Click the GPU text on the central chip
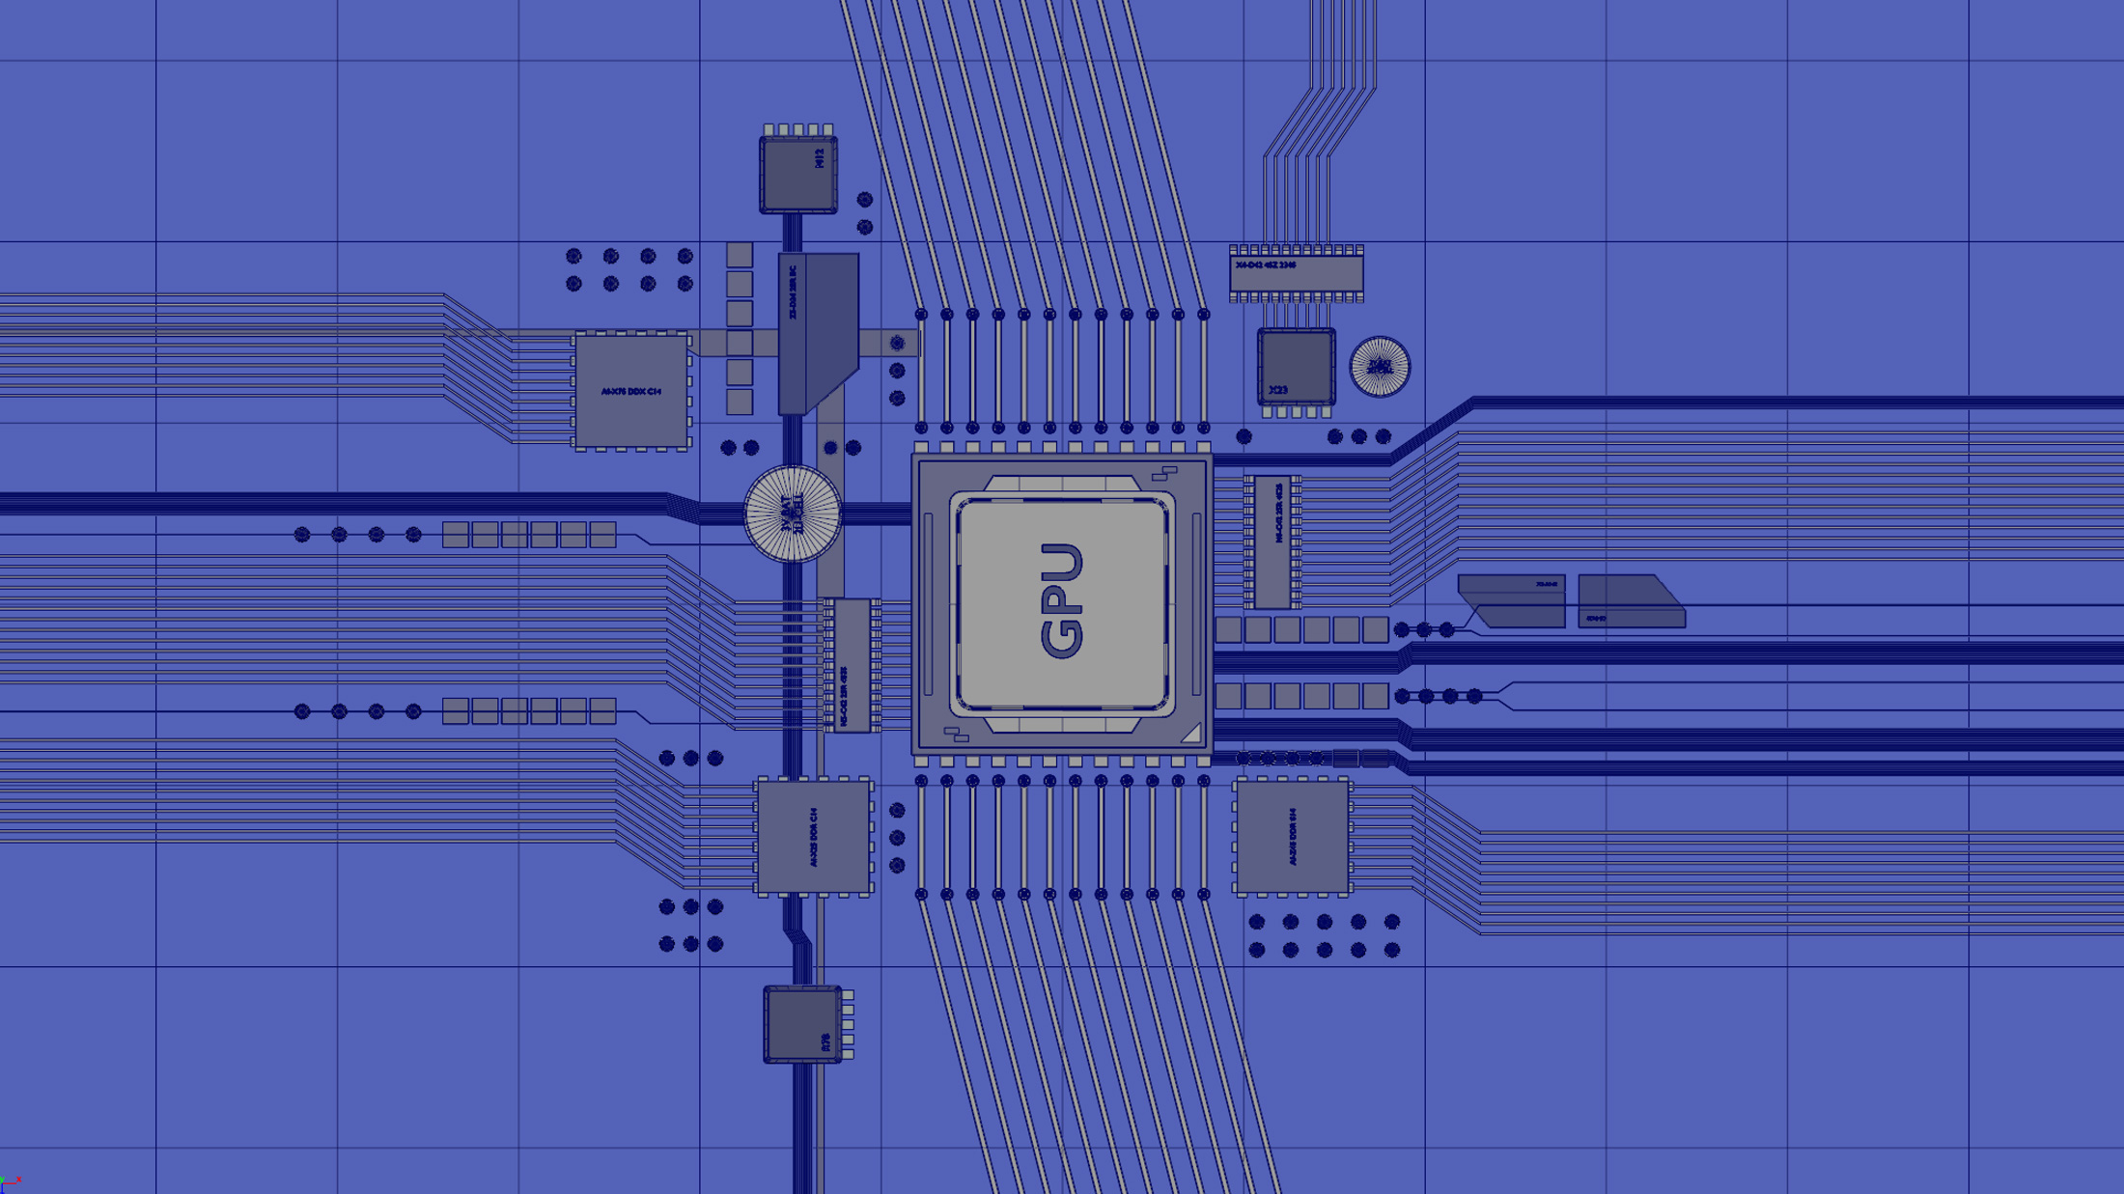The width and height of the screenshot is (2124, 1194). click(x=1062, y=600)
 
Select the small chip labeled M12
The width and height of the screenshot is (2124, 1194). click(x=798, y=174)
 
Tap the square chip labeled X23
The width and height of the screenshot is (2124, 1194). click(x=1296, y=367)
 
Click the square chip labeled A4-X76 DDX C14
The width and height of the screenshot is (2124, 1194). click(x=631, y=391)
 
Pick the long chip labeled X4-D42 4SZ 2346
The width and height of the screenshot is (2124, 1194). click(x=1296, y=273)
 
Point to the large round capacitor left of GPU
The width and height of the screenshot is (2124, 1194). click(x=793, y=514)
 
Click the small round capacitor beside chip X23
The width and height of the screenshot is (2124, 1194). click(x=1380, y=367)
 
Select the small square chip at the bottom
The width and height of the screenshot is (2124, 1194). click(x=802, y=1024)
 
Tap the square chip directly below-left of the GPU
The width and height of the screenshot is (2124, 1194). click(x=814, y=837)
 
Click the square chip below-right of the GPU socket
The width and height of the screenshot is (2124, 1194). click(x=1292, y=837)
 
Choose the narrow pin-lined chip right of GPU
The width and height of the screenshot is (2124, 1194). click(x=1272, y=541)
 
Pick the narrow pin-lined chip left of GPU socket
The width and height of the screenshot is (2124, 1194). click(x=852, y=666)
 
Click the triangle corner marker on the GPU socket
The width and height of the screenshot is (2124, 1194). click(x=1191, y=734)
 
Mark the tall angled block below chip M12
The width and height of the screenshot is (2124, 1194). click(x=819, y=333)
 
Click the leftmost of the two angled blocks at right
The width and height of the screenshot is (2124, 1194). click(x=1513, y=600)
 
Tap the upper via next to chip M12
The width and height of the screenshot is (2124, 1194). click(x=865, y=200)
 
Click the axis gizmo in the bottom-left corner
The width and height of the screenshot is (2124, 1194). click(x=10, y=1183)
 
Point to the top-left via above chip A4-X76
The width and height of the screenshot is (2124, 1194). click(x=573, y=256)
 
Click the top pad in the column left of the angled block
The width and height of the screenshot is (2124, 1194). click(x=740, y=255)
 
